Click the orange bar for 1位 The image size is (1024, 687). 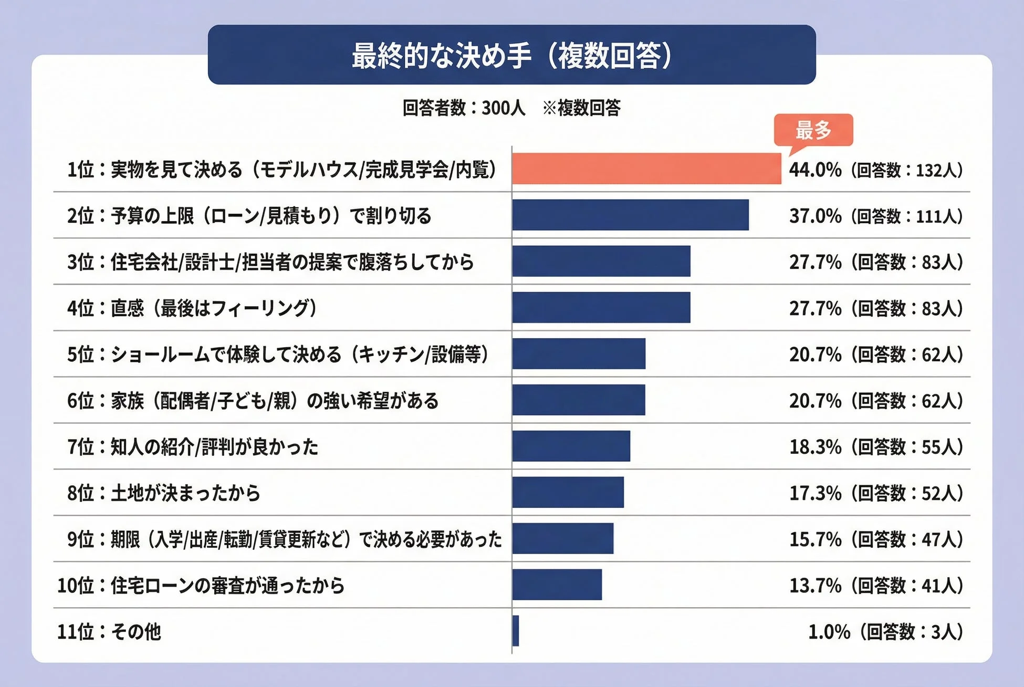click(646, 169)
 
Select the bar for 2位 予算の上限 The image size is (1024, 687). click(630, 215)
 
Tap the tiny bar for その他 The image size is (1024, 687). click(516, 631)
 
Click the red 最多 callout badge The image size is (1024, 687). click(813, 130)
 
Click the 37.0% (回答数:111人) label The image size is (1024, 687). click(875, 216)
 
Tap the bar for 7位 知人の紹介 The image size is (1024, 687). click(571, 446)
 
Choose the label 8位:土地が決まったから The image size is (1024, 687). click(164, 493)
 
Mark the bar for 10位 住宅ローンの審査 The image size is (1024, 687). click(557, 585)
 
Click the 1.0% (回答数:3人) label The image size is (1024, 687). click(885, 631)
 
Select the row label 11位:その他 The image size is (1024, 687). click(109, 631)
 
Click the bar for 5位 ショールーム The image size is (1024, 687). click(579, 353)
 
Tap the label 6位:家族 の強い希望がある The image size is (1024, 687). click(253, 401)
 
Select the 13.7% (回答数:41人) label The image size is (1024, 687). click(875, 585)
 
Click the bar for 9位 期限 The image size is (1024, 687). click(562, 538)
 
